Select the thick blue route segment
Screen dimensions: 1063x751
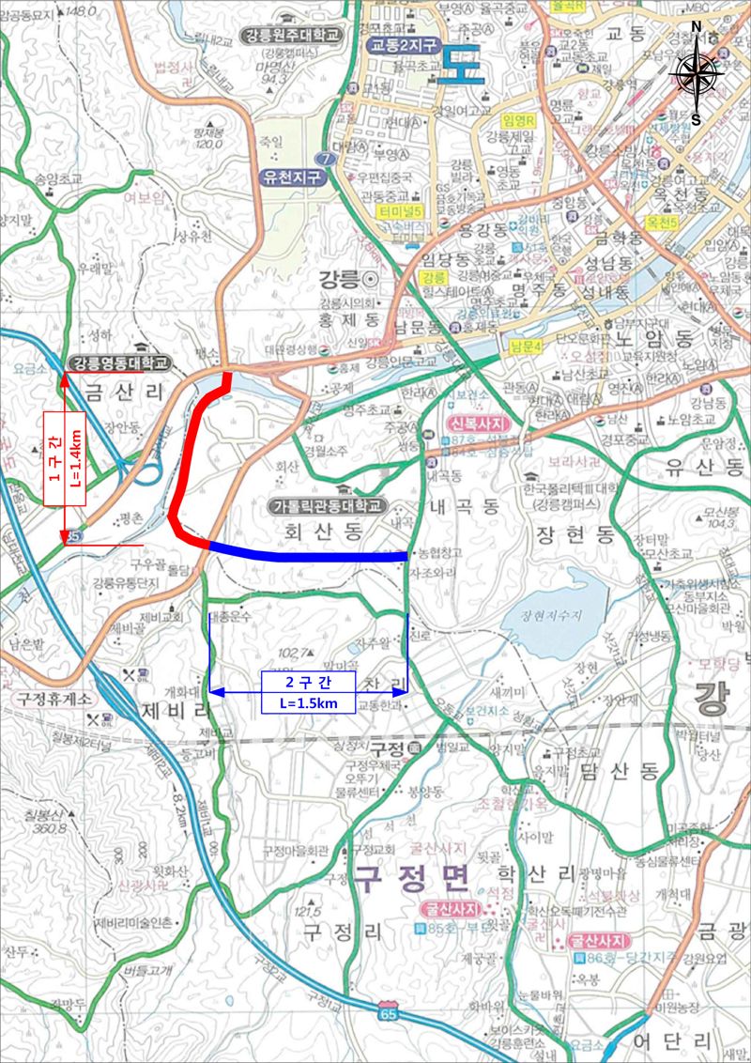(310, 555)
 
